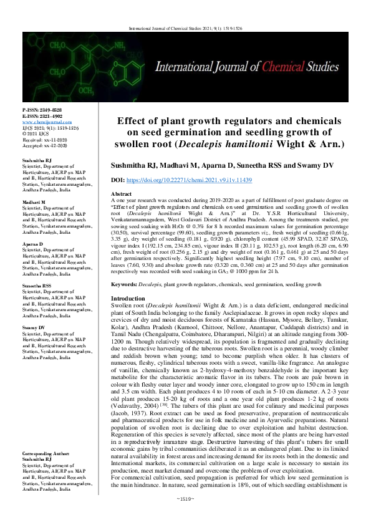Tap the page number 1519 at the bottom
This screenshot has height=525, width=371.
(186, 516)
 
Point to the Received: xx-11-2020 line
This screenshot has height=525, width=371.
(44, 139)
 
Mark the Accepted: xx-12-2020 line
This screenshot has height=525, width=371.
(44, 145)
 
